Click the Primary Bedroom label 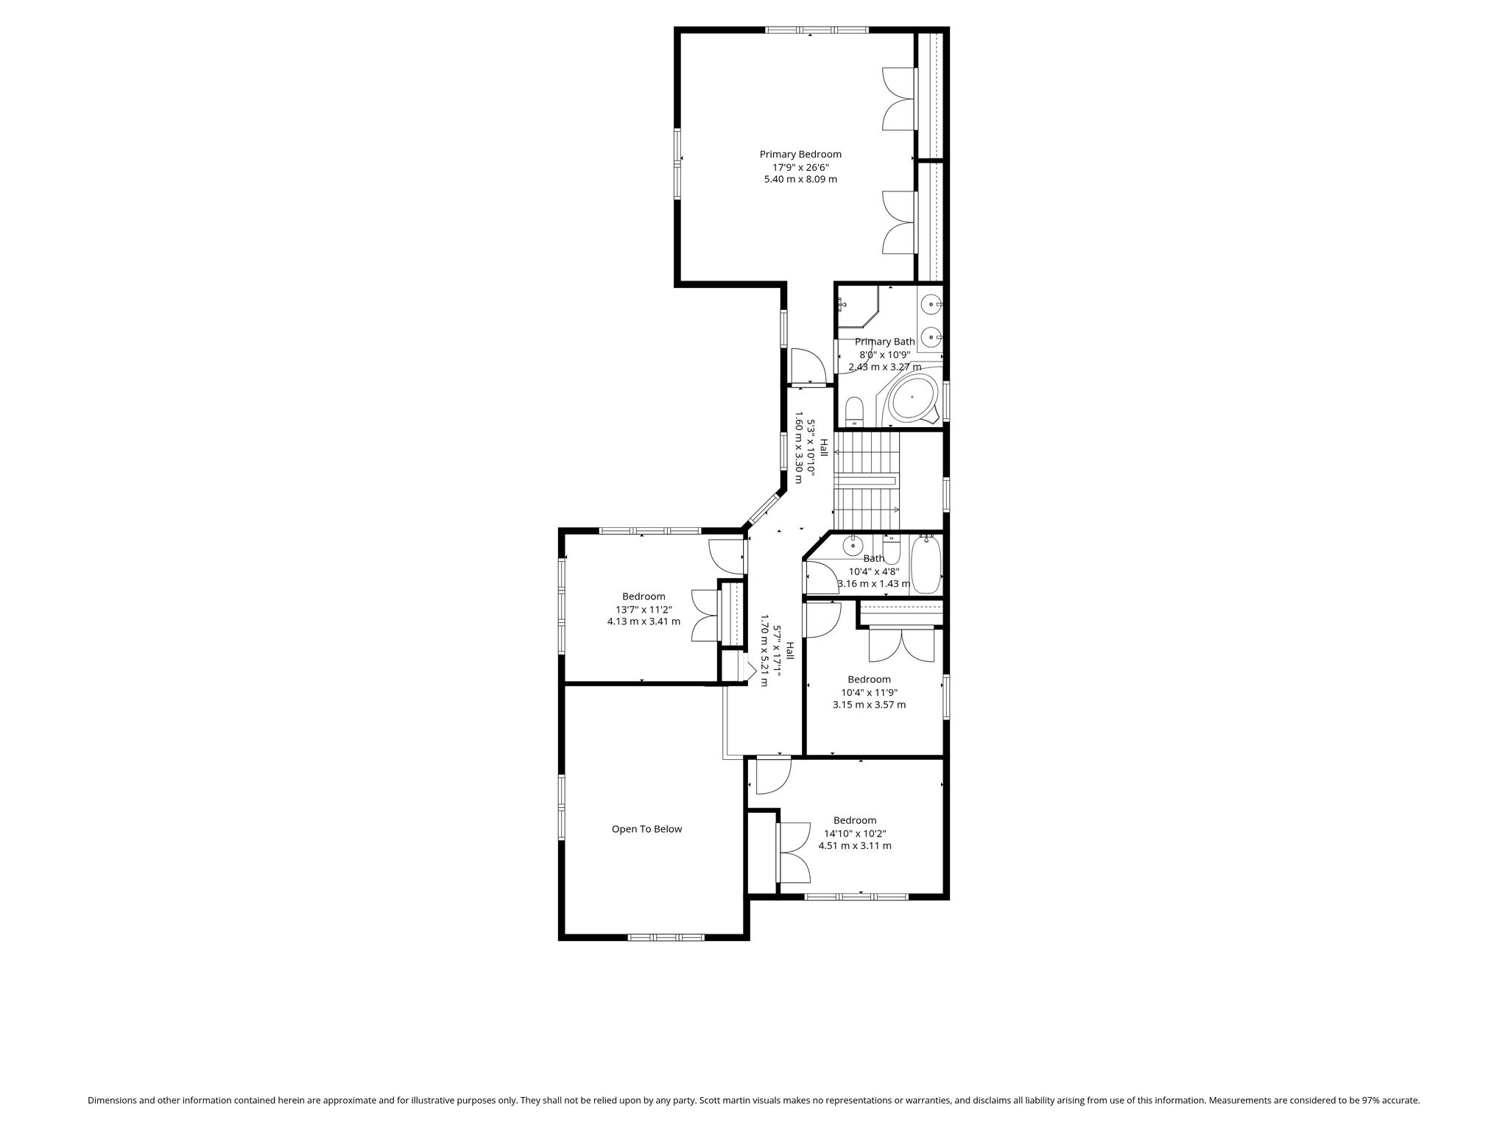click(800, 155)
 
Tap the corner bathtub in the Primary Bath click(913, 398)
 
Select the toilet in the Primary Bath click(854, 411)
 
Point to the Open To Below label click(646, 829)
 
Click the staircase click(867, 481)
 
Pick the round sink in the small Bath click(853, 546)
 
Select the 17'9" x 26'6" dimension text click(800, 167)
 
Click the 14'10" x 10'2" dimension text click(855, 834)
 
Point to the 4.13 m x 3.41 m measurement click(644, 621)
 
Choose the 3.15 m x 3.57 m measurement click(870, 705)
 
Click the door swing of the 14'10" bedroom click(774, 777)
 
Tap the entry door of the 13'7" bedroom click(727, 557)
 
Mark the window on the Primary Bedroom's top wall click(817, 30)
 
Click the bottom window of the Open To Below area click(666, 937)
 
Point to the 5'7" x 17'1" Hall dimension click(777, 652)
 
